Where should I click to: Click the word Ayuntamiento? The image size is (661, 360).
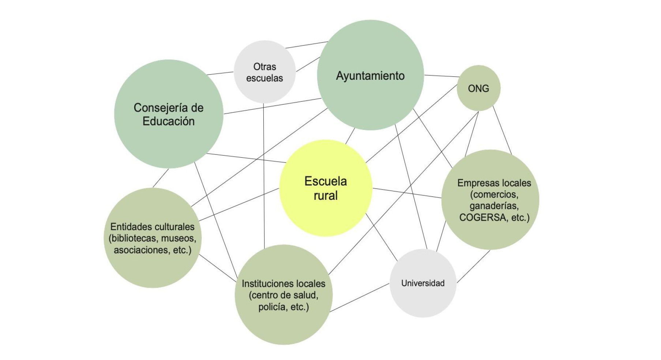[x=370, y=76]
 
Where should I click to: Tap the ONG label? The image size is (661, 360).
[x=478, y=89]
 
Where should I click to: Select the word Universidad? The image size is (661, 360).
[x=422, y=283]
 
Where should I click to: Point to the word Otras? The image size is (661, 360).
[x=264, y=67]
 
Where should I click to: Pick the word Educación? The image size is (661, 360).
[x=168, y=121]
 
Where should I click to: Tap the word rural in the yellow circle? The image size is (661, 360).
[x=325, y=195]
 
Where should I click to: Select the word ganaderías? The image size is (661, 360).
[x=494, y=206]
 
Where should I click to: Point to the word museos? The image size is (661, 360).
[x=179, y=239]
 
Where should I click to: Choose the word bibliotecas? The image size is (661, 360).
[x=134, y=239]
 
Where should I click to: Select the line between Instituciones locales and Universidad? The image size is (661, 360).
[x=359, y=298]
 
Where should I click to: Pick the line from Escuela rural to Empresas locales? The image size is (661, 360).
[x=407, y=193]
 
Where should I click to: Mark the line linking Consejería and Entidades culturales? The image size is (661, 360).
[x=161, y=178]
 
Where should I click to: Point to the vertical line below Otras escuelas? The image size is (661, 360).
[x=264, y=176]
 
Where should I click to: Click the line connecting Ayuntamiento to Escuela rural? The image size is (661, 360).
[x=350, y=136]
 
